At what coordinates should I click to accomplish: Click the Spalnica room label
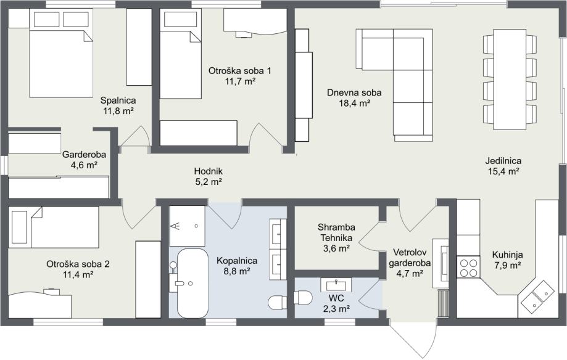118,100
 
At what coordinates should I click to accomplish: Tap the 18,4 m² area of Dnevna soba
354,104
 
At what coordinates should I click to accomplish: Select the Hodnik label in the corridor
209,171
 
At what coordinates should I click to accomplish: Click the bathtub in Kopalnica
192,283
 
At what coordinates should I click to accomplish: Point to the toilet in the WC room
303,298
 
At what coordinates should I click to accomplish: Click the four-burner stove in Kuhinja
468,267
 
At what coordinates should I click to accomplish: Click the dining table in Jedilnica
510,80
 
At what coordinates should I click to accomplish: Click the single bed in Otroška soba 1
180,54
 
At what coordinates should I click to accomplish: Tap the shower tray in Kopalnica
188,226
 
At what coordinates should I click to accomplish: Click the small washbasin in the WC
336,285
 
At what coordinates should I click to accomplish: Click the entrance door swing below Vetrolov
412,340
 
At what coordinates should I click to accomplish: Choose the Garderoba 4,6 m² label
85,160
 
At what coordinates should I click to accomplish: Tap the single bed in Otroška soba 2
54,227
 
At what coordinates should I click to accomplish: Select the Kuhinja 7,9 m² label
507,260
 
